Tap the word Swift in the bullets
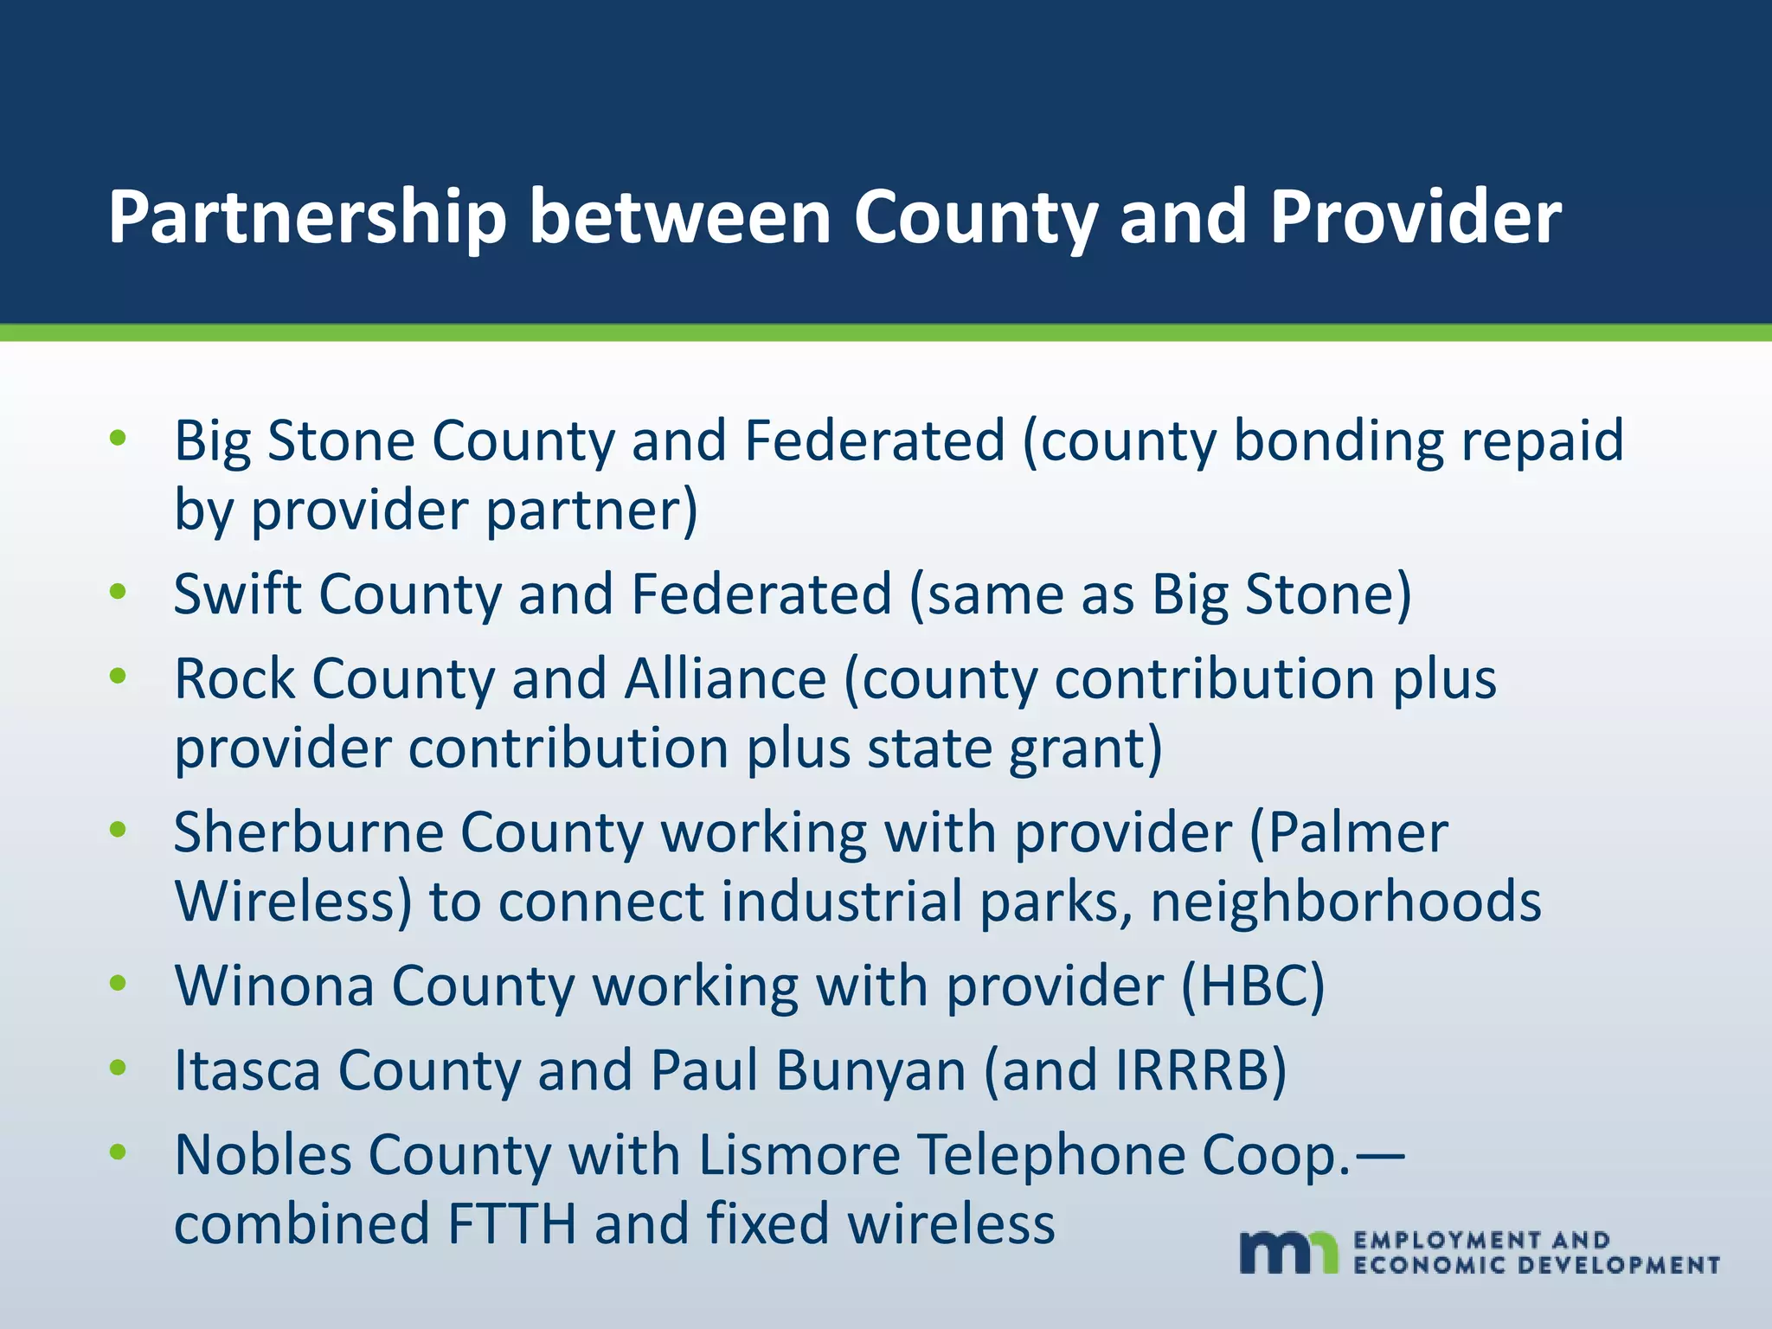pyautogui.click(x=236, y=594)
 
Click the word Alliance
pyautogui.click(x=725, y=678)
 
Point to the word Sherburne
pyautogui.click(x=308, y=832)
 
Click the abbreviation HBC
pyautogui.click(x=1253, y=986)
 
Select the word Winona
pyautogui.click(x=274, y=986)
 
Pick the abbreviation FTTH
pyautogui.click(x=511, y=1224)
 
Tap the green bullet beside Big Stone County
pyautogui.click(x=119, y=438)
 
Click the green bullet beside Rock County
pyautogui.click(x=119, y=676)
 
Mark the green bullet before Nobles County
pyautogui.click(x=119, y=1152)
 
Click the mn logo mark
pyautogui.click(x=1288, y=1251)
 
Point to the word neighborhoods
pyautogui.click(x=1346, y=902)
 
